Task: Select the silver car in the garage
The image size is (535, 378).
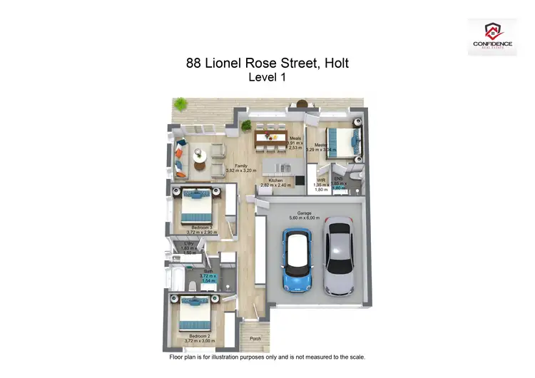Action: pyautogui.click(x=338, y=255)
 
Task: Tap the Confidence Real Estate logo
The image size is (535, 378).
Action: pyautogui.click(x=493, y=36)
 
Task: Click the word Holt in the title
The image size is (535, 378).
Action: pyautogui.click(x=337, y=63)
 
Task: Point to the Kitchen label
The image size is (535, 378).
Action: pyautogui.click(x=275, y=180)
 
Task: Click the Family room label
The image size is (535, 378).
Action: pyautogui.click(x=241, y=165)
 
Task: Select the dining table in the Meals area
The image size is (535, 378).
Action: pyautogui.click(x=270, y=137)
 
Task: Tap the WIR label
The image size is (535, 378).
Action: pyautogui.click(x=321, y=180)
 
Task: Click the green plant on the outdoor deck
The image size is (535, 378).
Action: pyautogui.click(x=181, y=104)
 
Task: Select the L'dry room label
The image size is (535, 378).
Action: pyautogui.click(x=189, y=244)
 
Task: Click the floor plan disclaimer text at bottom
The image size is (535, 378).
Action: pyautogui.click(x=267, y=355)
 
